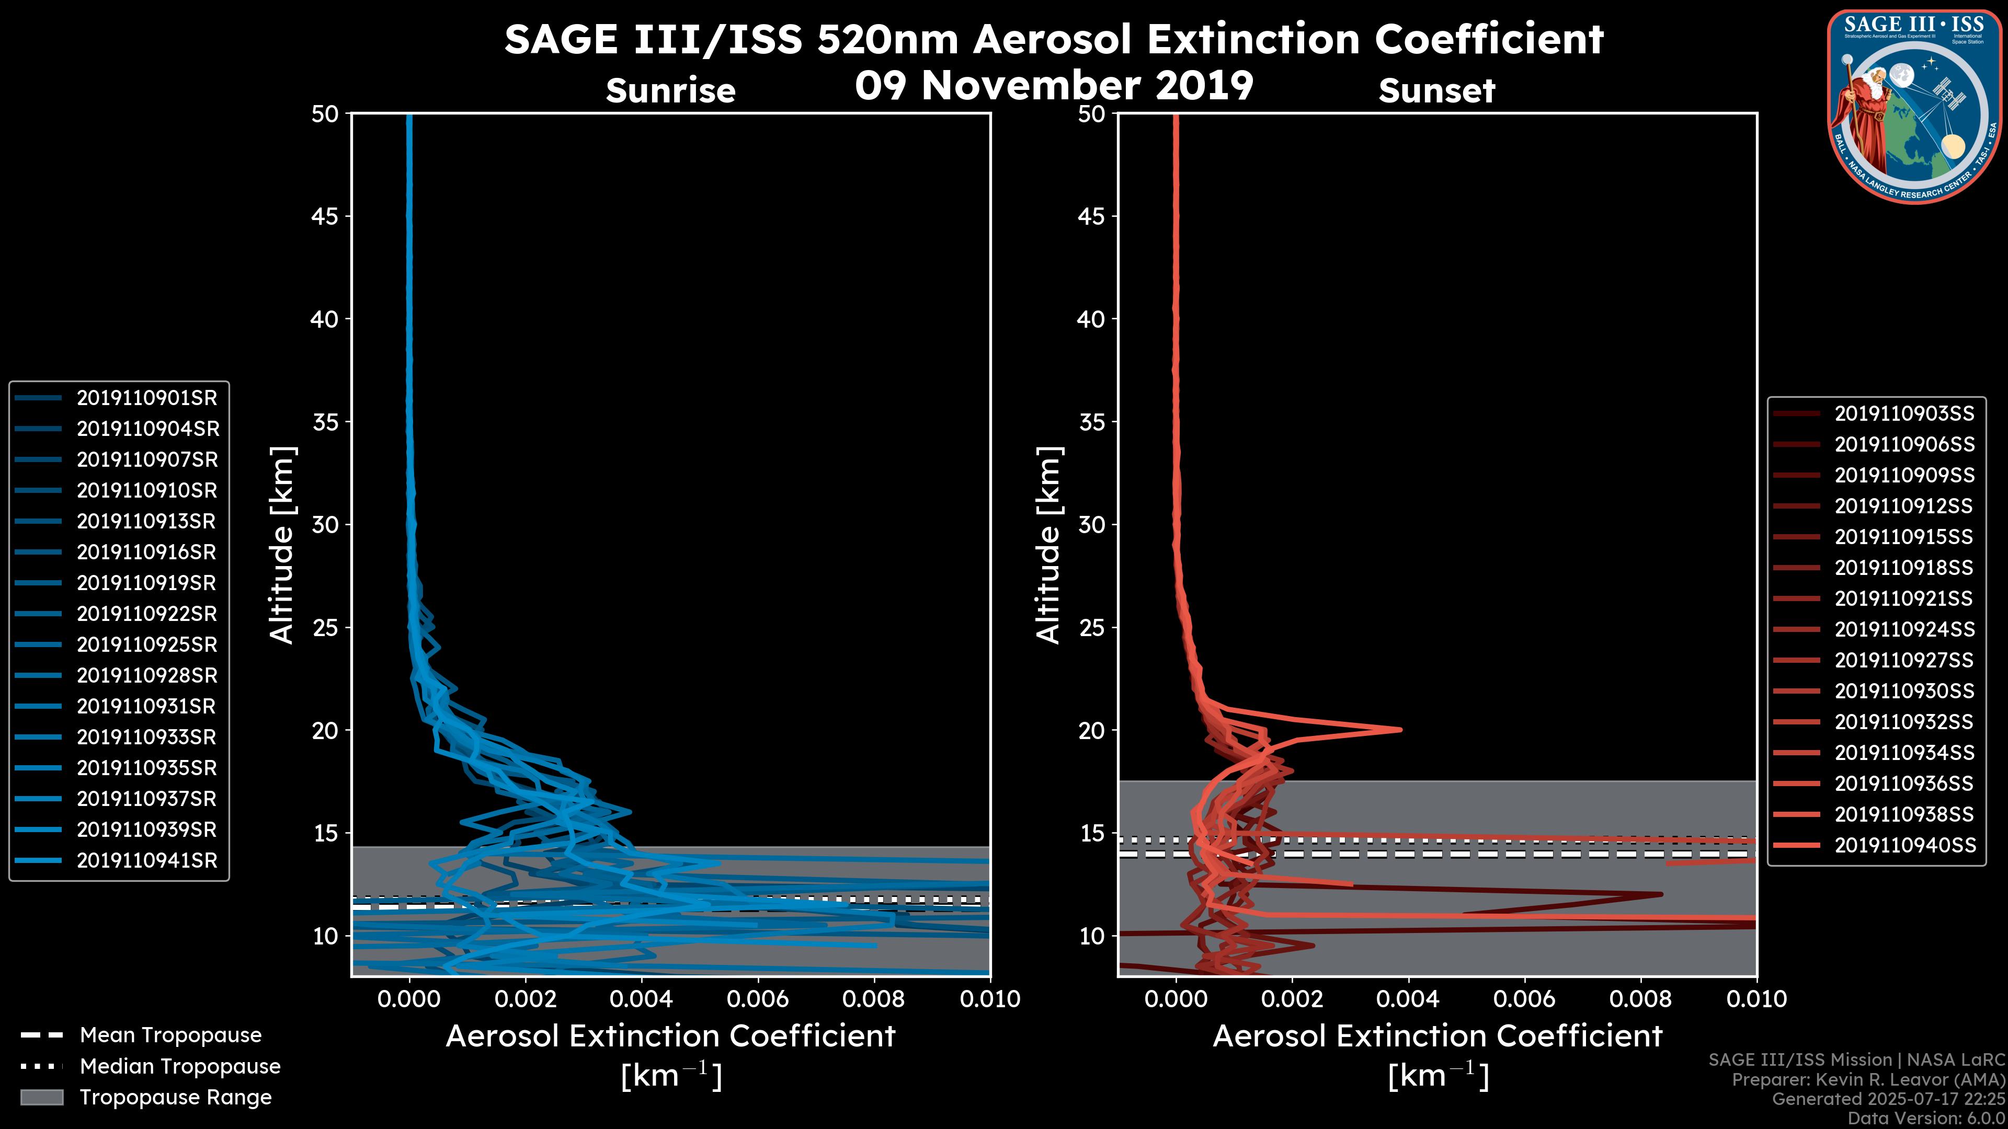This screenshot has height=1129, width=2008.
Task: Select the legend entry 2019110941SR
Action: pos(146,861)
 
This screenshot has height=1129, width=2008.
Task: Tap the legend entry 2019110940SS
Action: pos(1904,845)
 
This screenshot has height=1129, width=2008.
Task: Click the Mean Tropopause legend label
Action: pos(170,1035)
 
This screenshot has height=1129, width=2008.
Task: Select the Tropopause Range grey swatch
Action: pos(42,1098)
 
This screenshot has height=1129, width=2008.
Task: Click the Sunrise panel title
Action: pos(670,91)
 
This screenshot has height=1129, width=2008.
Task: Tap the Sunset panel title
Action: pos(1436,91)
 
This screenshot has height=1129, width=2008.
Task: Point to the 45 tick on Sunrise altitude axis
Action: pos(325,216)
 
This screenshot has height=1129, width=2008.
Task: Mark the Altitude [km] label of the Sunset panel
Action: pos(1048,545)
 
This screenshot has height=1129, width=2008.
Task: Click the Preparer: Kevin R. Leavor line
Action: pos(1868,1080)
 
